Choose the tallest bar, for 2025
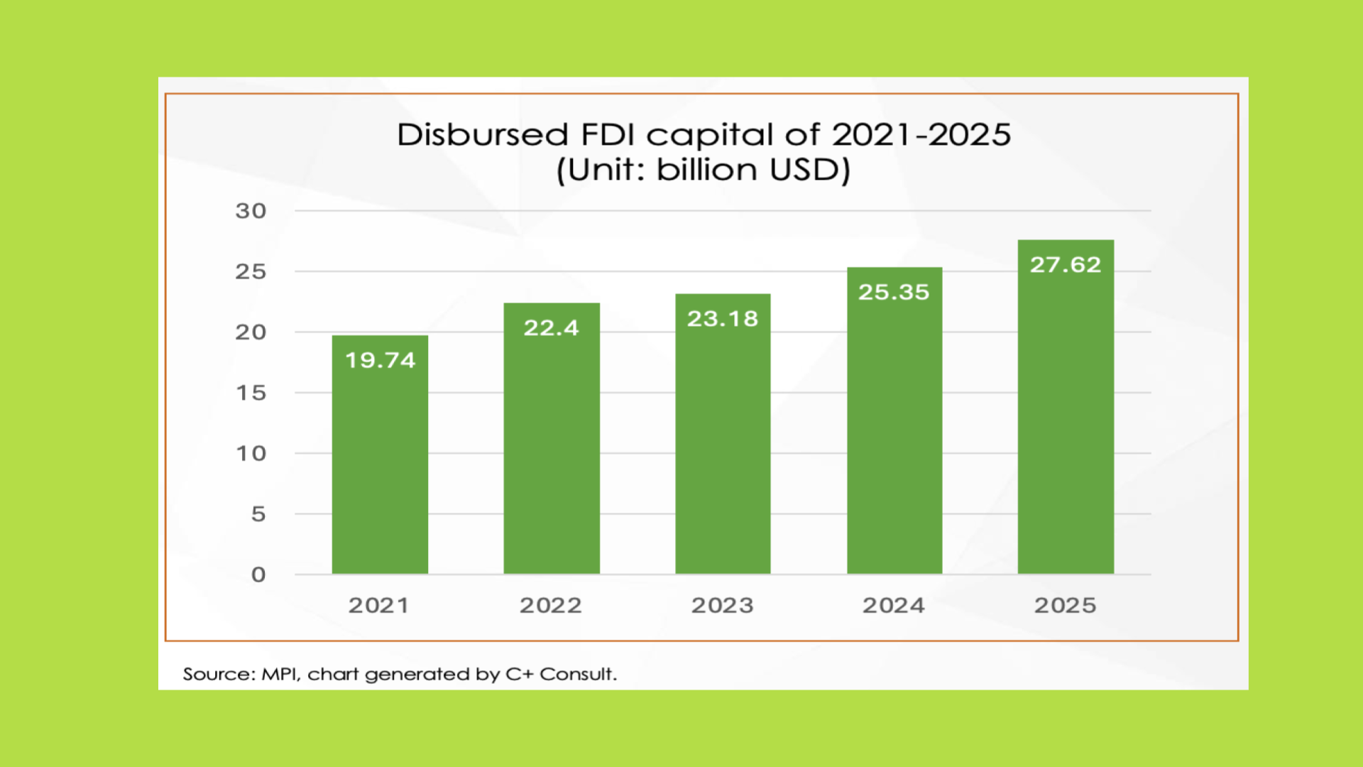(1066, 419)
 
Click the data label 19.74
(380, 360)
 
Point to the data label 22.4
(552, 327)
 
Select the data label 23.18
(723, 318)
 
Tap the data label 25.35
(894, 292)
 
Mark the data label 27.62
(1066, 264)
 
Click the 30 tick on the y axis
(251, 211)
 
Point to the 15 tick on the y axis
(251, 393)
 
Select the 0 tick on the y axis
(258, 575)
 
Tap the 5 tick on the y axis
(258, 514)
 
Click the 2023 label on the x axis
(723, 605)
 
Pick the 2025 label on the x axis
(1065, 605)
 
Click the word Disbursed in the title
(483, 134)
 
